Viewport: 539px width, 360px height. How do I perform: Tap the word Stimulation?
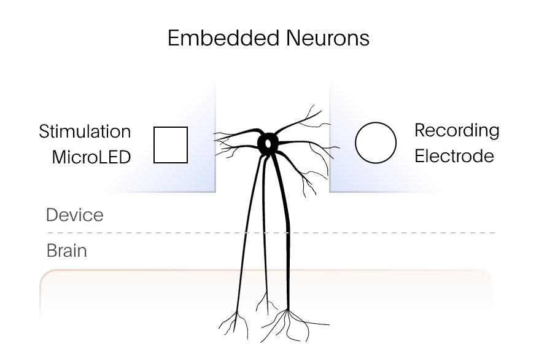click(85, 131)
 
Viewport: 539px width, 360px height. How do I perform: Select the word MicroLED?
click(91, 157)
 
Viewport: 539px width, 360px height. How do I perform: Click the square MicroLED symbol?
click(170, 145)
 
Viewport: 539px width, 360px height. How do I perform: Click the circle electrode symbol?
click(376, 143)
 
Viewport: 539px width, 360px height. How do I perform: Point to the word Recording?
click(457, 131)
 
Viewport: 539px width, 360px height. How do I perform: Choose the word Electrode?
click(454, 156)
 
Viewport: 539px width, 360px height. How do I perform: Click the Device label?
click(75, 215)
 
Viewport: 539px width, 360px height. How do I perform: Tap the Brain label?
click(66, 251)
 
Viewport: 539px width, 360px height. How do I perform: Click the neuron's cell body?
click(268, 143)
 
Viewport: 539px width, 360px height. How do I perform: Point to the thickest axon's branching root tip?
click(288, 313)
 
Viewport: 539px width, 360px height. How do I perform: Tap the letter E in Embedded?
click(173, 39)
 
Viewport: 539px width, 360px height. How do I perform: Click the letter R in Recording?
click(421, 131)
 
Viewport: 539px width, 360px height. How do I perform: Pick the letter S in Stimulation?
click(44, 131)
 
